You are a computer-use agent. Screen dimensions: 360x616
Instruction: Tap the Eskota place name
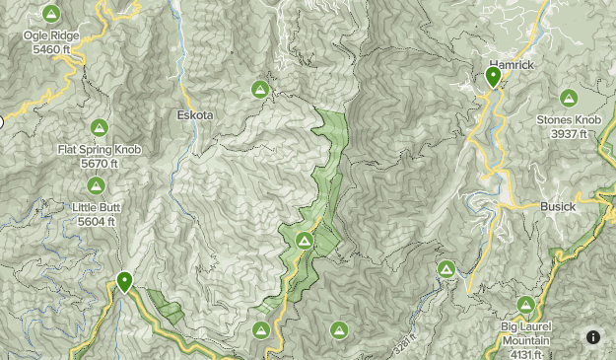(194, 114)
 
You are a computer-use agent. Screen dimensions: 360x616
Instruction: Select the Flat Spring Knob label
(99, 150)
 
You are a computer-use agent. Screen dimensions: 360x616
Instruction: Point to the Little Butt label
(95, 207)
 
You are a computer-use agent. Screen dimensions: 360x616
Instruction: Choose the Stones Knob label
(569, 120)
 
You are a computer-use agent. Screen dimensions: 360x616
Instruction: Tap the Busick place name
(558, 207)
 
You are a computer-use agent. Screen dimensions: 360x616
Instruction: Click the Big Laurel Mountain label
(526, 328)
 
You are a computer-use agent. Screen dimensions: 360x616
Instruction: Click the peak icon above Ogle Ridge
(51, 14)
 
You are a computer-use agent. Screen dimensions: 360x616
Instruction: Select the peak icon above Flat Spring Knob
(99, 127)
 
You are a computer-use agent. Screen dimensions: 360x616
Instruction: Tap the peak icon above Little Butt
(96, 185)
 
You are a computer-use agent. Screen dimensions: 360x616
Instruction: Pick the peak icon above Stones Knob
(569, 98)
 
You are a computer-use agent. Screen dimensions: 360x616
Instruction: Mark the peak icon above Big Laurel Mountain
(526, 306)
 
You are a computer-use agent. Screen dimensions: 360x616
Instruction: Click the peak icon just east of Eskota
(260, 90)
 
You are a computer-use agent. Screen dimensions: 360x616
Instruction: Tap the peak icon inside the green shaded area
(305, 241)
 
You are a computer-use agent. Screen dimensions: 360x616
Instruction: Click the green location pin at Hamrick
(494, 77)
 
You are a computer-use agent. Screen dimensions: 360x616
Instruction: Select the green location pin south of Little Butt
(125, 282)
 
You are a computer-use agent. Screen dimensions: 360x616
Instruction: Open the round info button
(593, 337)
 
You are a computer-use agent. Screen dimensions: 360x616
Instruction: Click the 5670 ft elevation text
(99, 163)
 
